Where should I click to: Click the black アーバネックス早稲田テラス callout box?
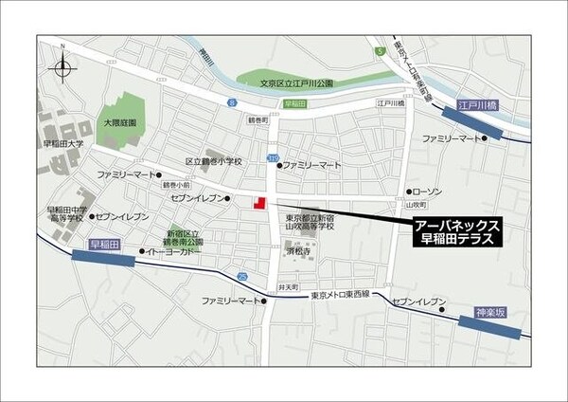click(x=457, y=231)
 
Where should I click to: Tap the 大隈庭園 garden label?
click(x=120, y=123)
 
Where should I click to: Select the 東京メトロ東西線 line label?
click(x=344, y=296)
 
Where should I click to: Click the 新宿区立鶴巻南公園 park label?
click(x=185, y=238)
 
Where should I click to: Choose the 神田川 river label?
click(x=206, y=64)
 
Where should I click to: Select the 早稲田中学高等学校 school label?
click(x=66, y=213)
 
